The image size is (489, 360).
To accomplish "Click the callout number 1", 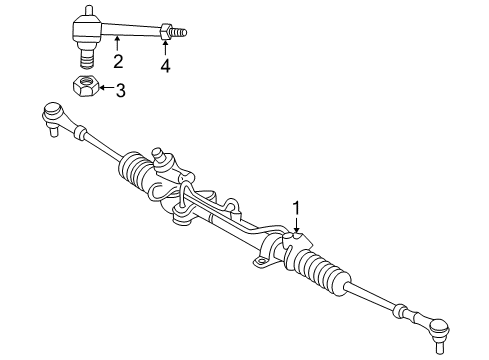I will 296,207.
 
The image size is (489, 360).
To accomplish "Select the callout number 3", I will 120,92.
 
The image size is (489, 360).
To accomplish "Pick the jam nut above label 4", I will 165,33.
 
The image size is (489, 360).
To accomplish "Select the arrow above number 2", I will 118,45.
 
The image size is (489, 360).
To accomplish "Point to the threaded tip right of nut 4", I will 180,33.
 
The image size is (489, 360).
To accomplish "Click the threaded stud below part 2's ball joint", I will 84,53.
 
